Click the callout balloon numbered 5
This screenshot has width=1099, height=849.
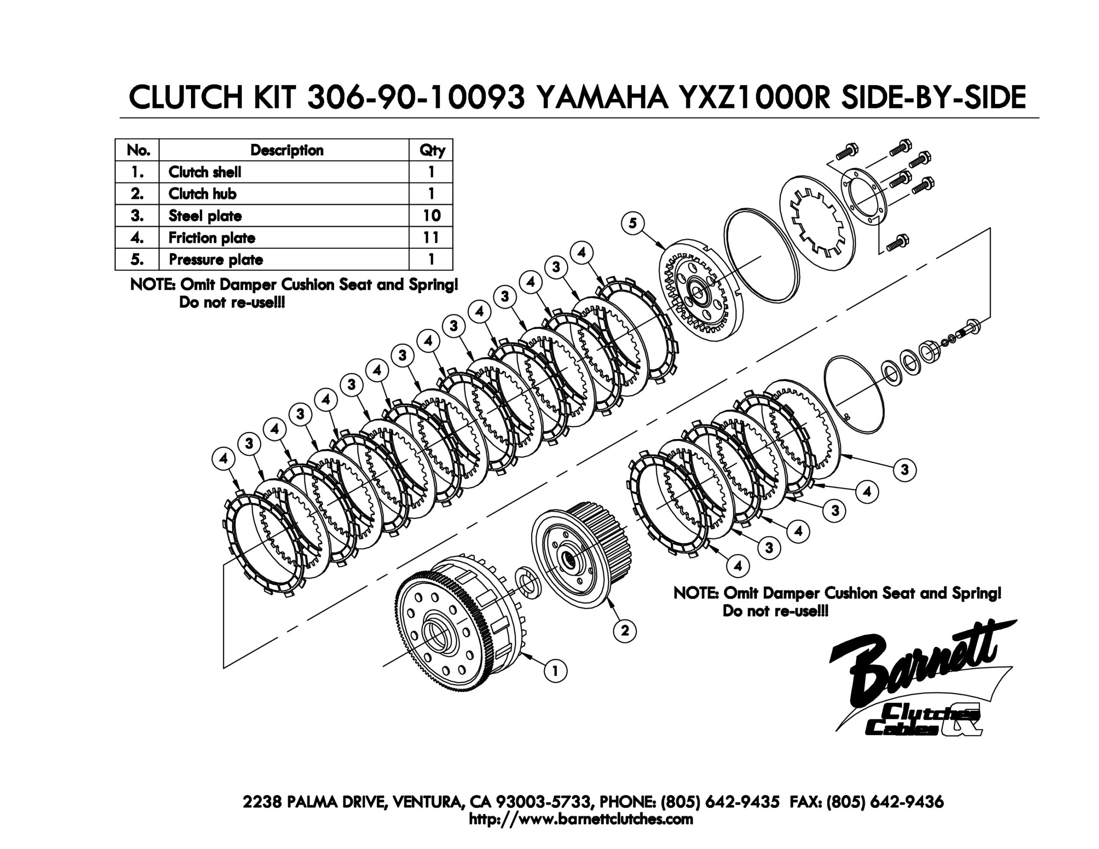click(x=632, y=223)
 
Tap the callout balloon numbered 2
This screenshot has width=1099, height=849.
click(x=625, y=631)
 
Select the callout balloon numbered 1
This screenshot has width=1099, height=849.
click(x=556, y=671)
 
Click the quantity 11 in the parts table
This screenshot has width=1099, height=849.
click(x=431, y=237)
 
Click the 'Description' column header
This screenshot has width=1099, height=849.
click(x=287, y=150)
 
